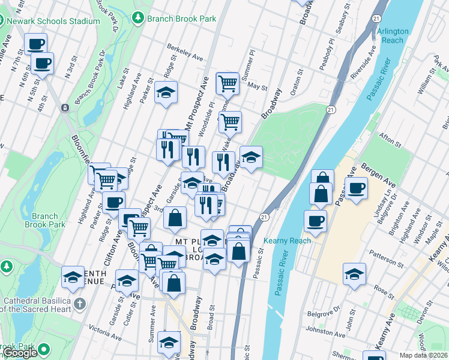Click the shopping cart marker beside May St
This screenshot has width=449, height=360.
pyautogui.click(x=228, y=83)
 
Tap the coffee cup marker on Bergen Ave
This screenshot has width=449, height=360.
pyautogui.click(x=356, y=187)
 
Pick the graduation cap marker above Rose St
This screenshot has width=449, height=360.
pyautogui.click(x=354, y=274)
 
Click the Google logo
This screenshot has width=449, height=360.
pyautogui.click(x=20, y=353)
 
